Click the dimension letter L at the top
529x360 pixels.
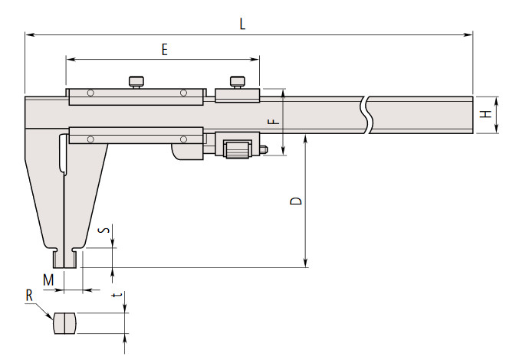click(242, 24)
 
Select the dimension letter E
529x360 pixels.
click(164, 49)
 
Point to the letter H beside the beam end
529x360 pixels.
click(485, 115)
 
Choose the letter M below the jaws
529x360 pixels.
click(48, 280)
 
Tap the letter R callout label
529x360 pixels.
click(28, 295)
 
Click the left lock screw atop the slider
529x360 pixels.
click(136, 81)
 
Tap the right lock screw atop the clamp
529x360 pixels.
click(238, 81)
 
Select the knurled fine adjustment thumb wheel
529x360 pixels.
click(235, 149)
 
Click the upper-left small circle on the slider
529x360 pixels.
click(90, 93)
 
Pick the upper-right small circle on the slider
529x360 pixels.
click(184, 93)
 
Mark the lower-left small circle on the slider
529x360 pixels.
click(90, 139)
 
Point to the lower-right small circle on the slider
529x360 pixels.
click(184, 139)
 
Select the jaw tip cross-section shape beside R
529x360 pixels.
click(65, 323)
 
